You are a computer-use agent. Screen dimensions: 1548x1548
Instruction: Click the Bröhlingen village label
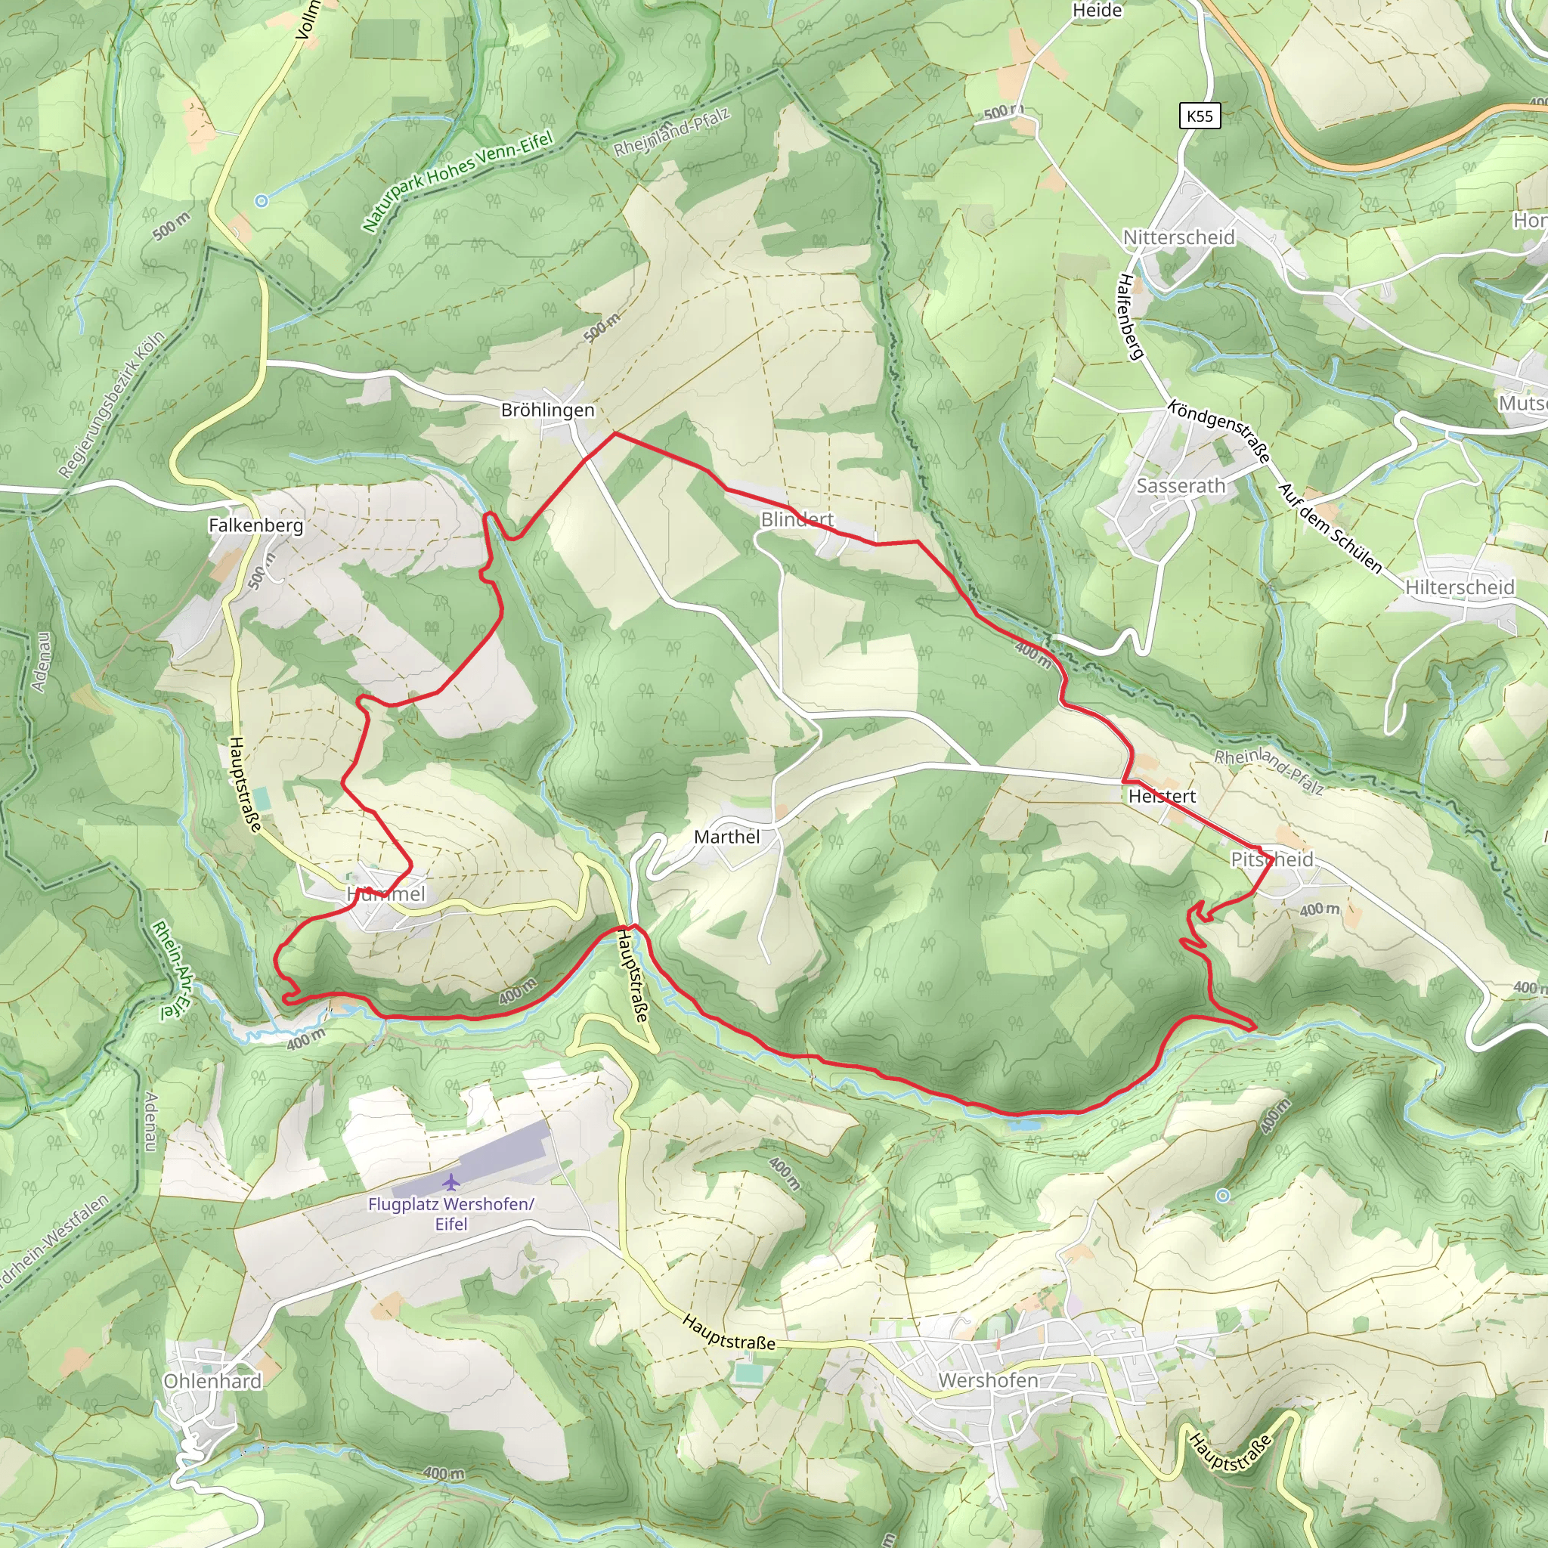click(547, 410)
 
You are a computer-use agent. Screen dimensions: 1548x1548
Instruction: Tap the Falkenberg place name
click(255, 525)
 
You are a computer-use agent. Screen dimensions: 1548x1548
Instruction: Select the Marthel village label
click(726, 837)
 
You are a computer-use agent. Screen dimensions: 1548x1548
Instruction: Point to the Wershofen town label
click(988, 1379)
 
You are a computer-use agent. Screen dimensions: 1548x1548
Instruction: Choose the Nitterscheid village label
click(1178, 237)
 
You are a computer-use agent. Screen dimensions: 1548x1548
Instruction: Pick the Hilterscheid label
click(1460, 587)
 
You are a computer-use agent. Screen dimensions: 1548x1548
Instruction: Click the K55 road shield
click(1200, 116)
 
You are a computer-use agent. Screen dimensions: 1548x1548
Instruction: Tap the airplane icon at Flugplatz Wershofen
click(452, 1182)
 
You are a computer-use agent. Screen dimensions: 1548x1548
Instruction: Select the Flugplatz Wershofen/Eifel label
click(451, 1213)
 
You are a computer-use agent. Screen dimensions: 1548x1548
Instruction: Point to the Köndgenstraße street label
click(1218, 431)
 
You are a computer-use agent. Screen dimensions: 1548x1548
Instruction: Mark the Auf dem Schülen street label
click(1330, 528)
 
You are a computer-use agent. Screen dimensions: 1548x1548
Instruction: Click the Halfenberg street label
click(1130, 317)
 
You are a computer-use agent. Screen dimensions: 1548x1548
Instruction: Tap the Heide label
click(1097, 11)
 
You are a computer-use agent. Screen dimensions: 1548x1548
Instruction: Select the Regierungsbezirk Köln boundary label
click(112, 404)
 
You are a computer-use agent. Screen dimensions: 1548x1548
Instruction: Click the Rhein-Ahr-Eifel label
click(173, 971)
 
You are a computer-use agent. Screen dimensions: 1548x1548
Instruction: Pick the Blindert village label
click(797, 519)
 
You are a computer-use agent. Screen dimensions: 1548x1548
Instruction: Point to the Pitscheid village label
click(1271, 859)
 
